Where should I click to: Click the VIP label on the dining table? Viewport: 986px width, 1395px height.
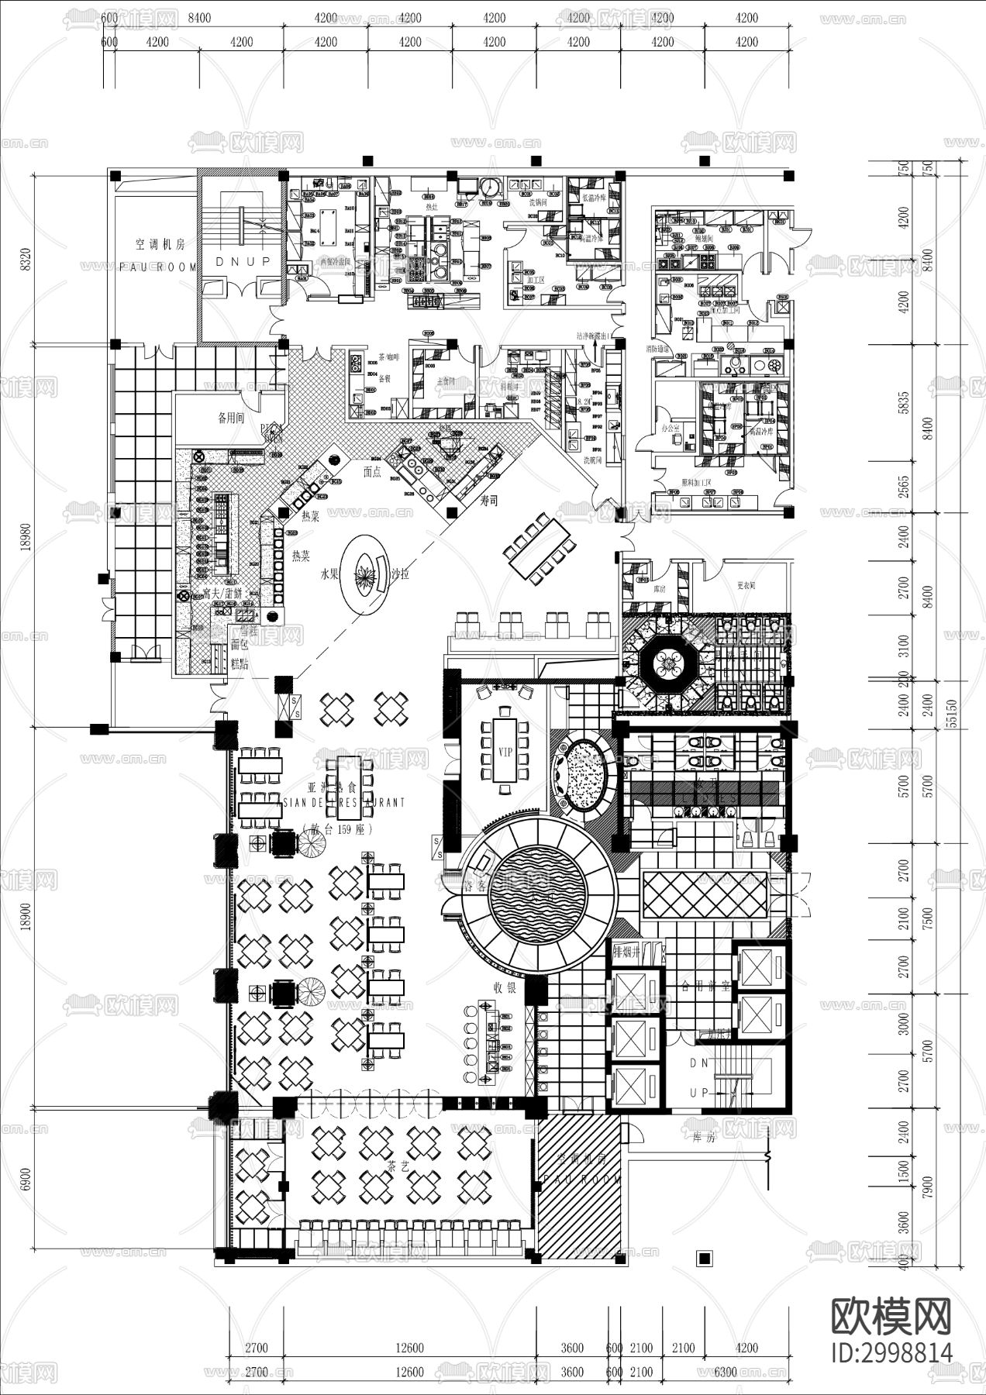pyautogui.click(x=505, y=752)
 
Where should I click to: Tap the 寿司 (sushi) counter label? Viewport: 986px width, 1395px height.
pyautogui.click(x=488, y=501)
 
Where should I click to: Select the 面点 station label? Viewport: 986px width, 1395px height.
pyautogui.click(x=372, y=471)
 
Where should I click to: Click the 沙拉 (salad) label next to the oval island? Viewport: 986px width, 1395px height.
pyautogui.click(x=400, y=575)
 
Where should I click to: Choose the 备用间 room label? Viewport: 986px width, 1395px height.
pyautogui.click(x=231, y=418)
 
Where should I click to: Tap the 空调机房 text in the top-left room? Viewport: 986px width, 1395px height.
pyautogui.click(x=160, y=243)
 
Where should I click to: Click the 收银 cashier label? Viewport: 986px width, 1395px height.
pyautogui.click(x=505, y=987)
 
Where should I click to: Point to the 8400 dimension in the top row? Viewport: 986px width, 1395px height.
pyautogui.click(x=198, y=17)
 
